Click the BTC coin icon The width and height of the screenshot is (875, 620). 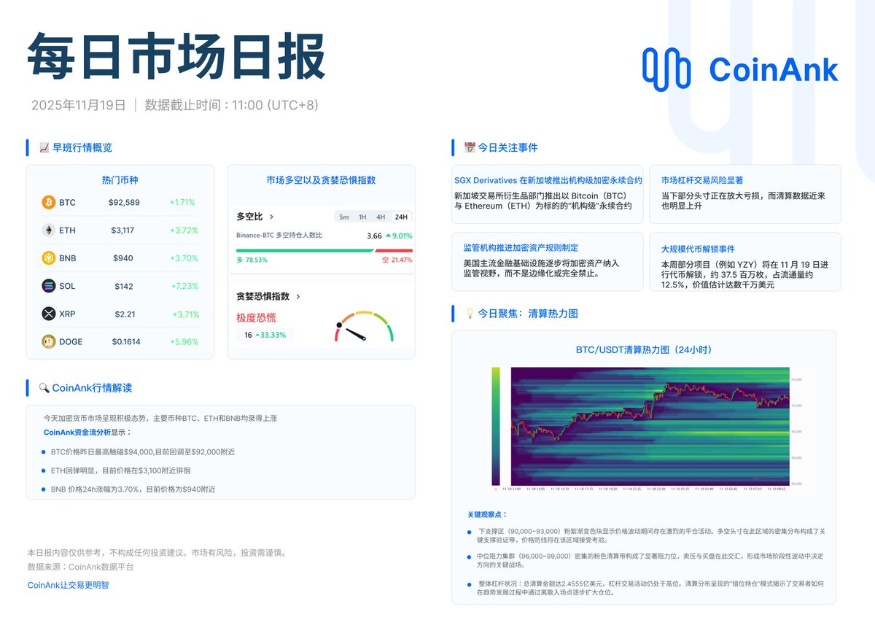(49, 202)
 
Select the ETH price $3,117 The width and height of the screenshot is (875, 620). (122, 230)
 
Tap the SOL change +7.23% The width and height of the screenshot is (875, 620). (184, 286)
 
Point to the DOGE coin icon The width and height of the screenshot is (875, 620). (49, 341)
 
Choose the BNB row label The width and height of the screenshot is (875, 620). (68, 258)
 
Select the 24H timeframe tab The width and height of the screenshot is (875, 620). (401, 217)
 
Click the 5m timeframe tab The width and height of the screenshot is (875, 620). (343, 217)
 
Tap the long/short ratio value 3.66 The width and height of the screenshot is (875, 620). (374, 236)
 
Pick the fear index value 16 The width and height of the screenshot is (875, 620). (248, 335)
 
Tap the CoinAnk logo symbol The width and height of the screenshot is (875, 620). (666, 69)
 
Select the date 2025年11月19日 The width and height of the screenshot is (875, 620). (79, 105)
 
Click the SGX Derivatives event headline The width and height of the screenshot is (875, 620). (548, 180)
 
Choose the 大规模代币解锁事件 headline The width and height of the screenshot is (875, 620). (698, 249)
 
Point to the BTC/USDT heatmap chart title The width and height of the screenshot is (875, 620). (643, 349)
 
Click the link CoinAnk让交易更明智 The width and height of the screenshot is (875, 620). (68, 585)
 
